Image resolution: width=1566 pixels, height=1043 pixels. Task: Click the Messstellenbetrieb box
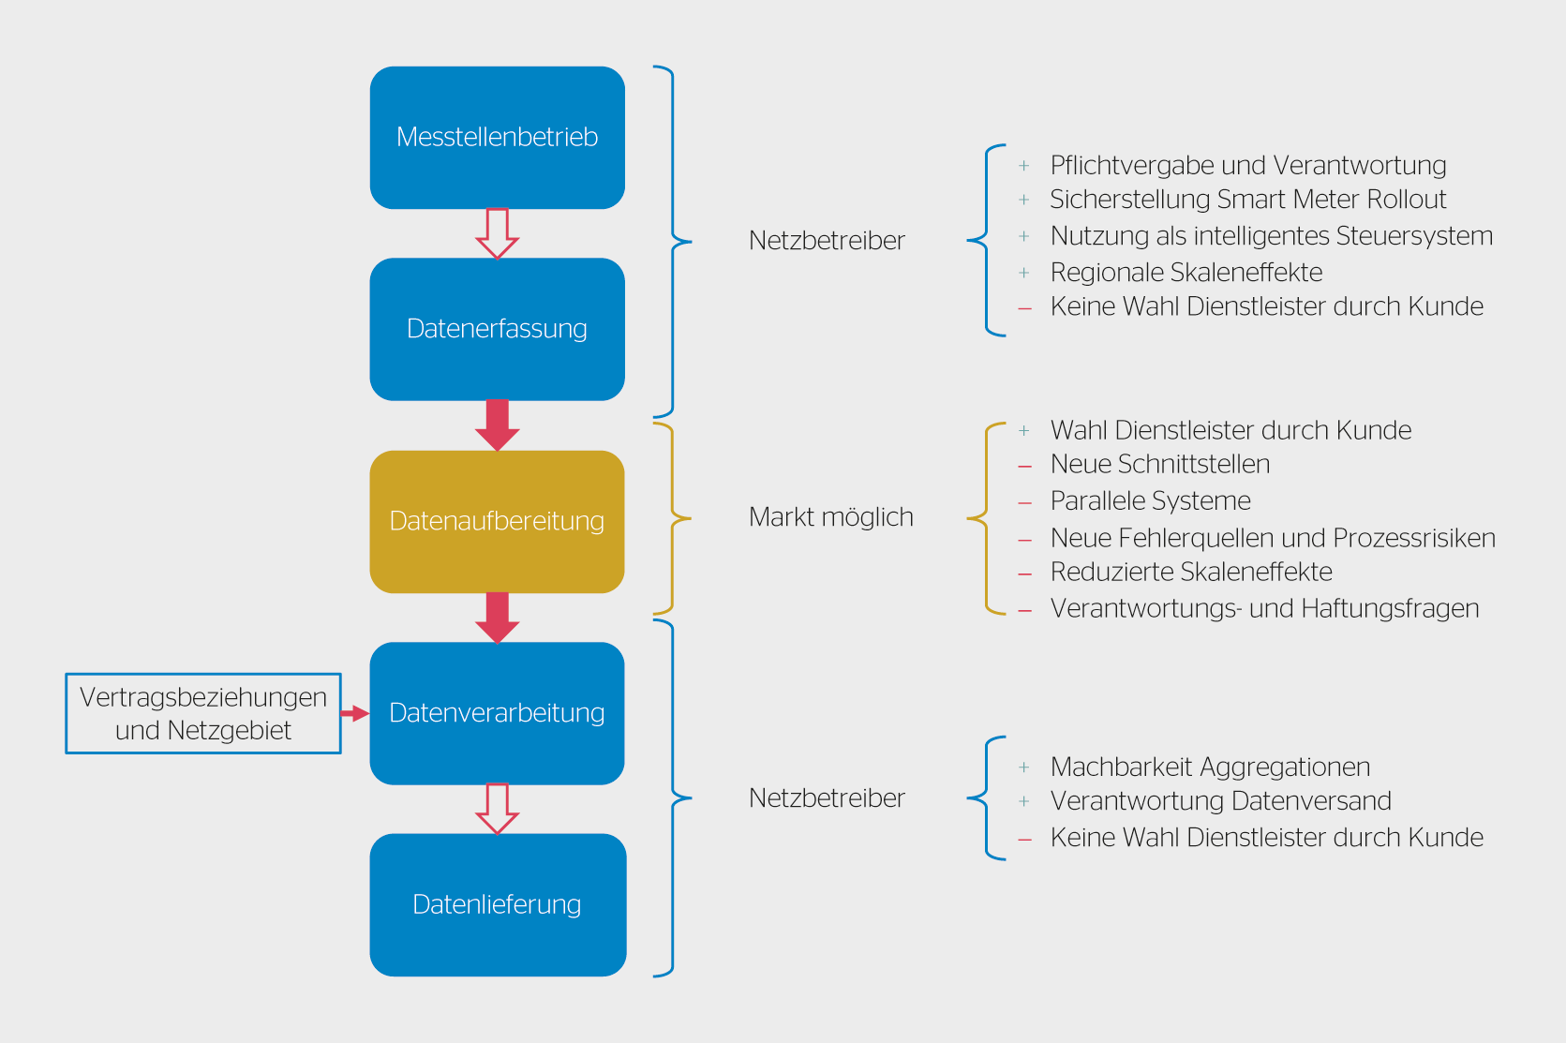click(x=497, y=138)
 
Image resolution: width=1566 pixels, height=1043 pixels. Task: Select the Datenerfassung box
click(x=497, y=329)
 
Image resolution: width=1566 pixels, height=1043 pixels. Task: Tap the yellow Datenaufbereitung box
click(x=497, y=521)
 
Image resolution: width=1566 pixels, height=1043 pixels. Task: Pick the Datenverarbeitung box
click(x=497, y=713)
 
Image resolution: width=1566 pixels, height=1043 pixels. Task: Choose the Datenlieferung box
click(x=497, y=904)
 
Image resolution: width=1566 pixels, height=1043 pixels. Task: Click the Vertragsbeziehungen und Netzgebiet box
click(x=203, y=713)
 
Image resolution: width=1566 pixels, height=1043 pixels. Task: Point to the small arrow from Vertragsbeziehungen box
click(x=354, y=713)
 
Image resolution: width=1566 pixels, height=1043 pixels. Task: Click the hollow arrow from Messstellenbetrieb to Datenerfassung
click(x=497, y=233)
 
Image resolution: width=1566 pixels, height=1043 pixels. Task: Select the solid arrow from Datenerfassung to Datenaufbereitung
click(x=497, y=425)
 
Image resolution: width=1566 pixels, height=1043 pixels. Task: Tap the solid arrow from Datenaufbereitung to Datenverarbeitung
click(x=497, y=618)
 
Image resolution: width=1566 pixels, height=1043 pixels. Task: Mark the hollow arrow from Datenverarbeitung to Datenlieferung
click(x=497, y=809)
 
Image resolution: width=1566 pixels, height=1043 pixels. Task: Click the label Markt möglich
click(x=830, y=517)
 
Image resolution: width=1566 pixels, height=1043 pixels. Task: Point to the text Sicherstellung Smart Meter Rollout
click(x=1247, y=200)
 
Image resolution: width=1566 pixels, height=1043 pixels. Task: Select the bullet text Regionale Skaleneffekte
click(x=1186, y=273)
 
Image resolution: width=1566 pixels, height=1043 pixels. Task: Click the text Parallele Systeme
click(x=1150, y=501)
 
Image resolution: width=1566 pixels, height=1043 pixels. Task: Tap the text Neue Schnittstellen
click(x=1159, y=465)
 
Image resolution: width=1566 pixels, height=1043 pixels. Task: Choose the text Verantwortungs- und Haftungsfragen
click(x=1264, y=609)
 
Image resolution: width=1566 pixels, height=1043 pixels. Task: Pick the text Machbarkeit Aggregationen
click(x=1210, y=767)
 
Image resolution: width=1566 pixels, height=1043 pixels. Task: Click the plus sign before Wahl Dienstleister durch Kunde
click(x=1024, y=431)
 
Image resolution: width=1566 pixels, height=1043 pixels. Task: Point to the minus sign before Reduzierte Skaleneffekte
click(x=1025, y=574)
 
